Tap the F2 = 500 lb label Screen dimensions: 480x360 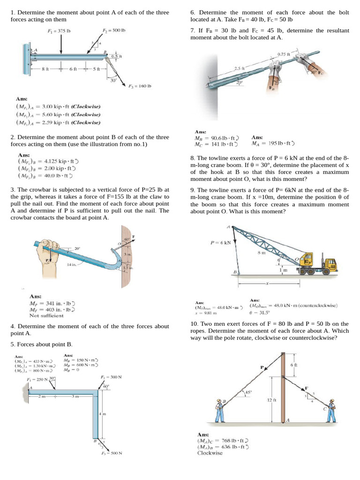click(x=114, y=31)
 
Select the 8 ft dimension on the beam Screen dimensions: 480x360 click(x=45, y=69)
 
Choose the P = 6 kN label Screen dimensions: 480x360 click(x=221, y=242)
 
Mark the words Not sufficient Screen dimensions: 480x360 click(x=46, y=315)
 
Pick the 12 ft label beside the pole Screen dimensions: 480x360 click(x=271, y=400)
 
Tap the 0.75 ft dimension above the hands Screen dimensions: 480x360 click(x=284, y=54)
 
